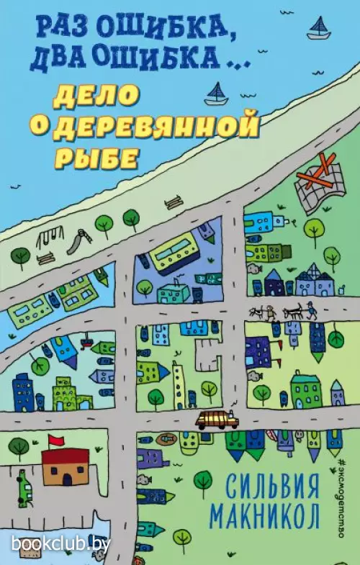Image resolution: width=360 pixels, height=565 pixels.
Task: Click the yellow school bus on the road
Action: (217, 420)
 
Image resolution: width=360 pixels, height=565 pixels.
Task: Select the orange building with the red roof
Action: (65, 467)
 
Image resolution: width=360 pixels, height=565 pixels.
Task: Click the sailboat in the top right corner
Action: (319, 30)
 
